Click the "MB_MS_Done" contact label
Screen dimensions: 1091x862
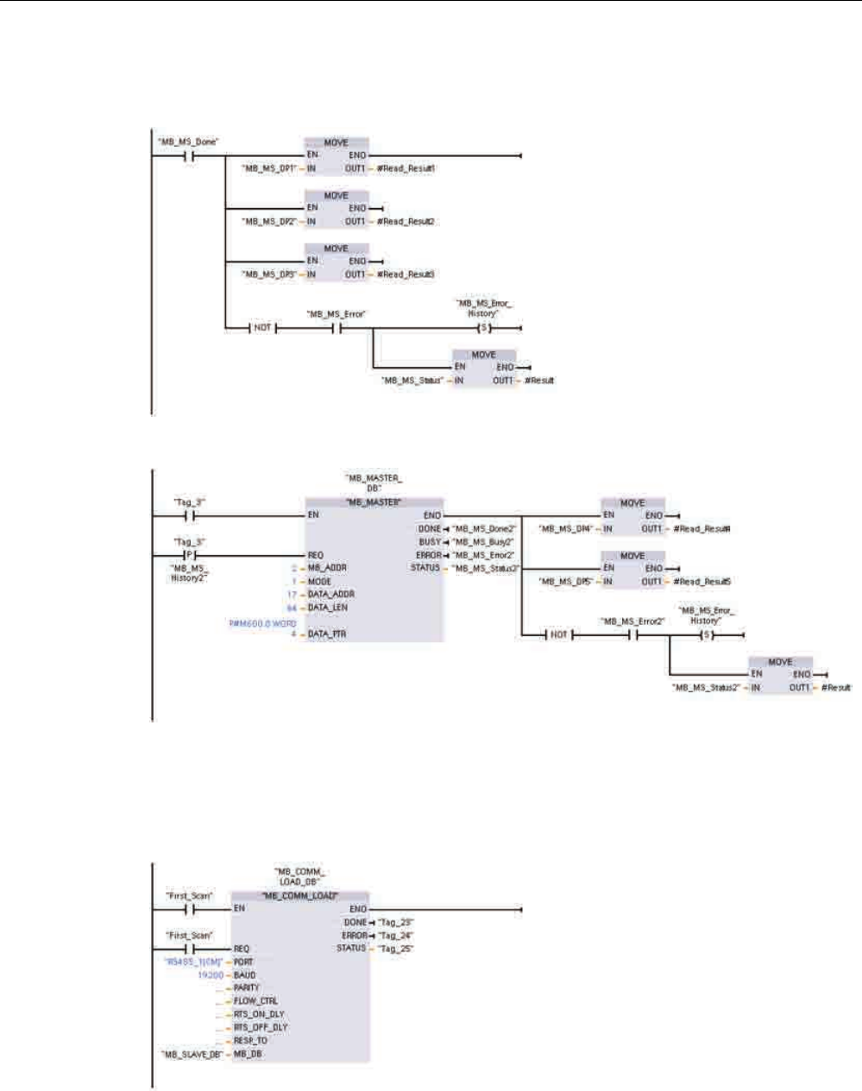pos(186,142)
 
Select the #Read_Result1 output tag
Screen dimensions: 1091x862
pos(406,168)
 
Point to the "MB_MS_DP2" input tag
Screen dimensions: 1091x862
pos(269,222)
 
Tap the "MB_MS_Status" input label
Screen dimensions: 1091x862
pos(412,381)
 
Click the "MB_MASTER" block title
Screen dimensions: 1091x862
pos(374,501)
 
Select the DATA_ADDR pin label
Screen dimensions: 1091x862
pos(331,595)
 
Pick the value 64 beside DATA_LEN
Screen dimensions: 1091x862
pos(292,608)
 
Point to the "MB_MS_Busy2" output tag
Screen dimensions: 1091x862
pos(483,542)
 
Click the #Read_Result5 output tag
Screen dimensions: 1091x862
pos(702,582)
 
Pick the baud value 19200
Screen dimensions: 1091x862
pos(211,975)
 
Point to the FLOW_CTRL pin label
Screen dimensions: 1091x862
pos(255,1001)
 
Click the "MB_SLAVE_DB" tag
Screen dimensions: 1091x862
pos(192,1055)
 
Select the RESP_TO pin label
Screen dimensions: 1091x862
pos(250,1041)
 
